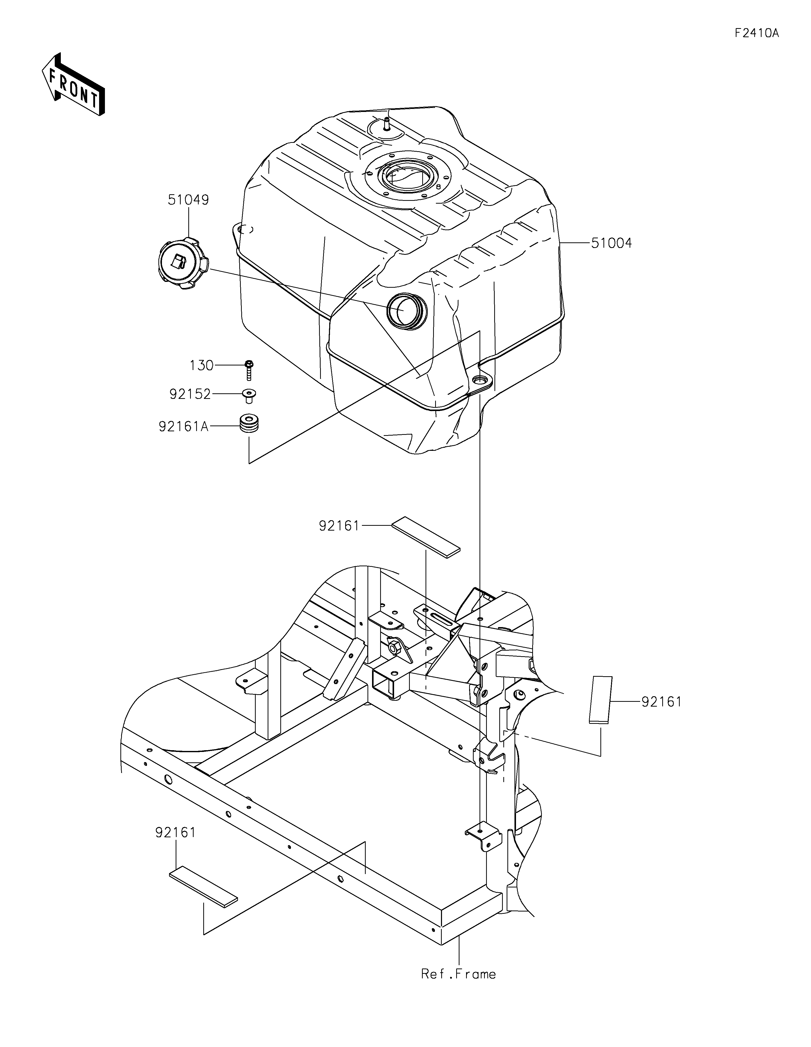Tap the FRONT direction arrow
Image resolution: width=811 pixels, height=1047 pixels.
click(74, 84)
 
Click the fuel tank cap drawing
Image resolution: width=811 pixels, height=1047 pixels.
click(183, 264)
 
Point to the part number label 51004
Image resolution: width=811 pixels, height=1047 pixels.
click(612, 243)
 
